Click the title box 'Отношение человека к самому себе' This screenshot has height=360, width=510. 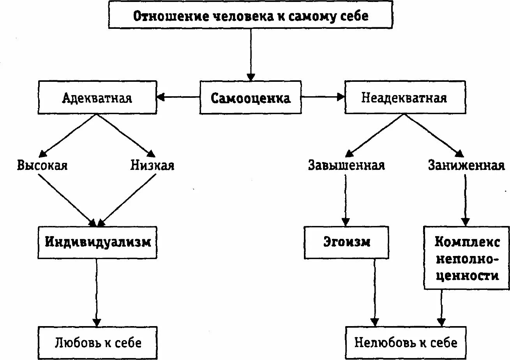click(x=251, y=16)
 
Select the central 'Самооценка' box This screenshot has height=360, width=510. click(x=251, y=97)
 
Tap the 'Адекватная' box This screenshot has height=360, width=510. click(x=97, y=97)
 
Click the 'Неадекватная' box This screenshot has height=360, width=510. click(x=405, y=97)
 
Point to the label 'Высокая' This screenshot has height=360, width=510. click(x=42, y=165)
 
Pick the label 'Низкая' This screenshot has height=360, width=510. click(x=152, y=165)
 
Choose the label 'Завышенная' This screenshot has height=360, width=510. click(x=346, y=165)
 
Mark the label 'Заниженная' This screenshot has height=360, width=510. click(x=466, y=165)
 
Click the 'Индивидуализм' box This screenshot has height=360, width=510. click(x=98, y=242)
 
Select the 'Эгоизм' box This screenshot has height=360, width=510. click(x=346, y=242)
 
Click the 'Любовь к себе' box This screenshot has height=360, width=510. click(x=97, y=342)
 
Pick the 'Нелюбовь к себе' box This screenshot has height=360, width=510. click(x=405, y=342)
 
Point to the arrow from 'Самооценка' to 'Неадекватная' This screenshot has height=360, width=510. click(x=323, y=97)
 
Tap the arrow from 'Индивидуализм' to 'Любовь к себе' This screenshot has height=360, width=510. click(x=97, y=292)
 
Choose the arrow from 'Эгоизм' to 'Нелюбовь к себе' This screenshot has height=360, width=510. click(x=375, y=292)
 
